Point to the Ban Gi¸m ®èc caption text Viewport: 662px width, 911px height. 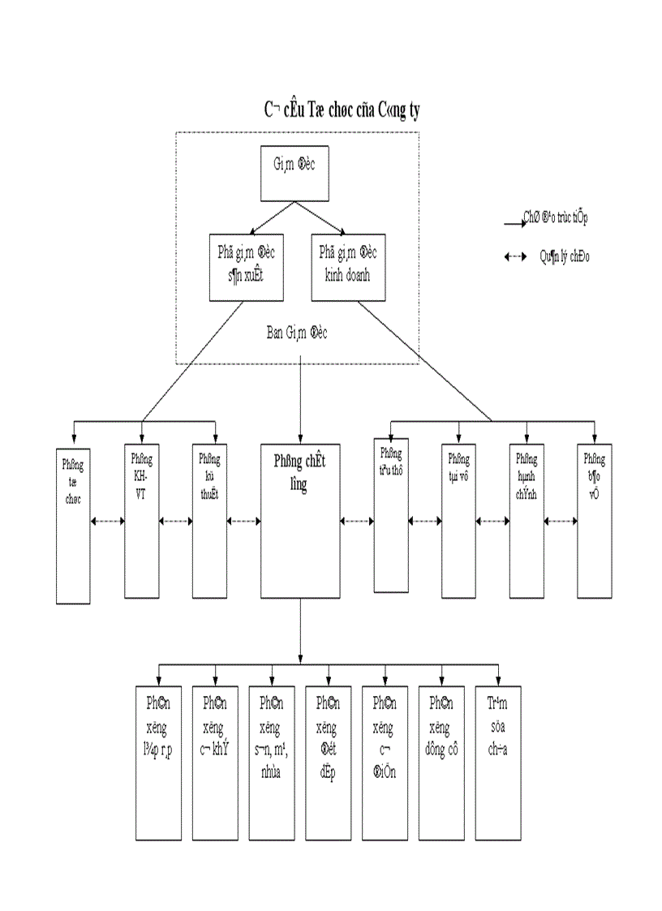(297, 333)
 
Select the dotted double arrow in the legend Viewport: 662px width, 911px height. (516, 257)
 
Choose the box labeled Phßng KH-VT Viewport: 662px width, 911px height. (141, 520)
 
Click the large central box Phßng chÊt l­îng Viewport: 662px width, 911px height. (301, 520)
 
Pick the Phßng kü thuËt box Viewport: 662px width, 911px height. (209, 520)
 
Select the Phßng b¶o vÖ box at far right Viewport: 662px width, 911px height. (594, 520)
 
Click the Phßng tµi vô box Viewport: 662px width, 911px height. (458, 520)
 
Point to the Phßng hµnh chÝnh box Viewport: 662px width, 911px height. (527, 520)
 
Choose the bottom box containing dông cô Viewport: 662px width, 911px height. (441, 763)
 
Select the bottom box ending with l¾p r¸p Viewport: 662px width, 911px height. (158, 763)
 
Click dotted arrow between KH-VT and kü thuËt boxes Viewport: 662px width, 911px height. (175, 521)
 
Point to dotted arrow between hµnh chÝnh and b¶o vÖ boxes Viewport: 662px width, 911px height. (561, 521)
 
